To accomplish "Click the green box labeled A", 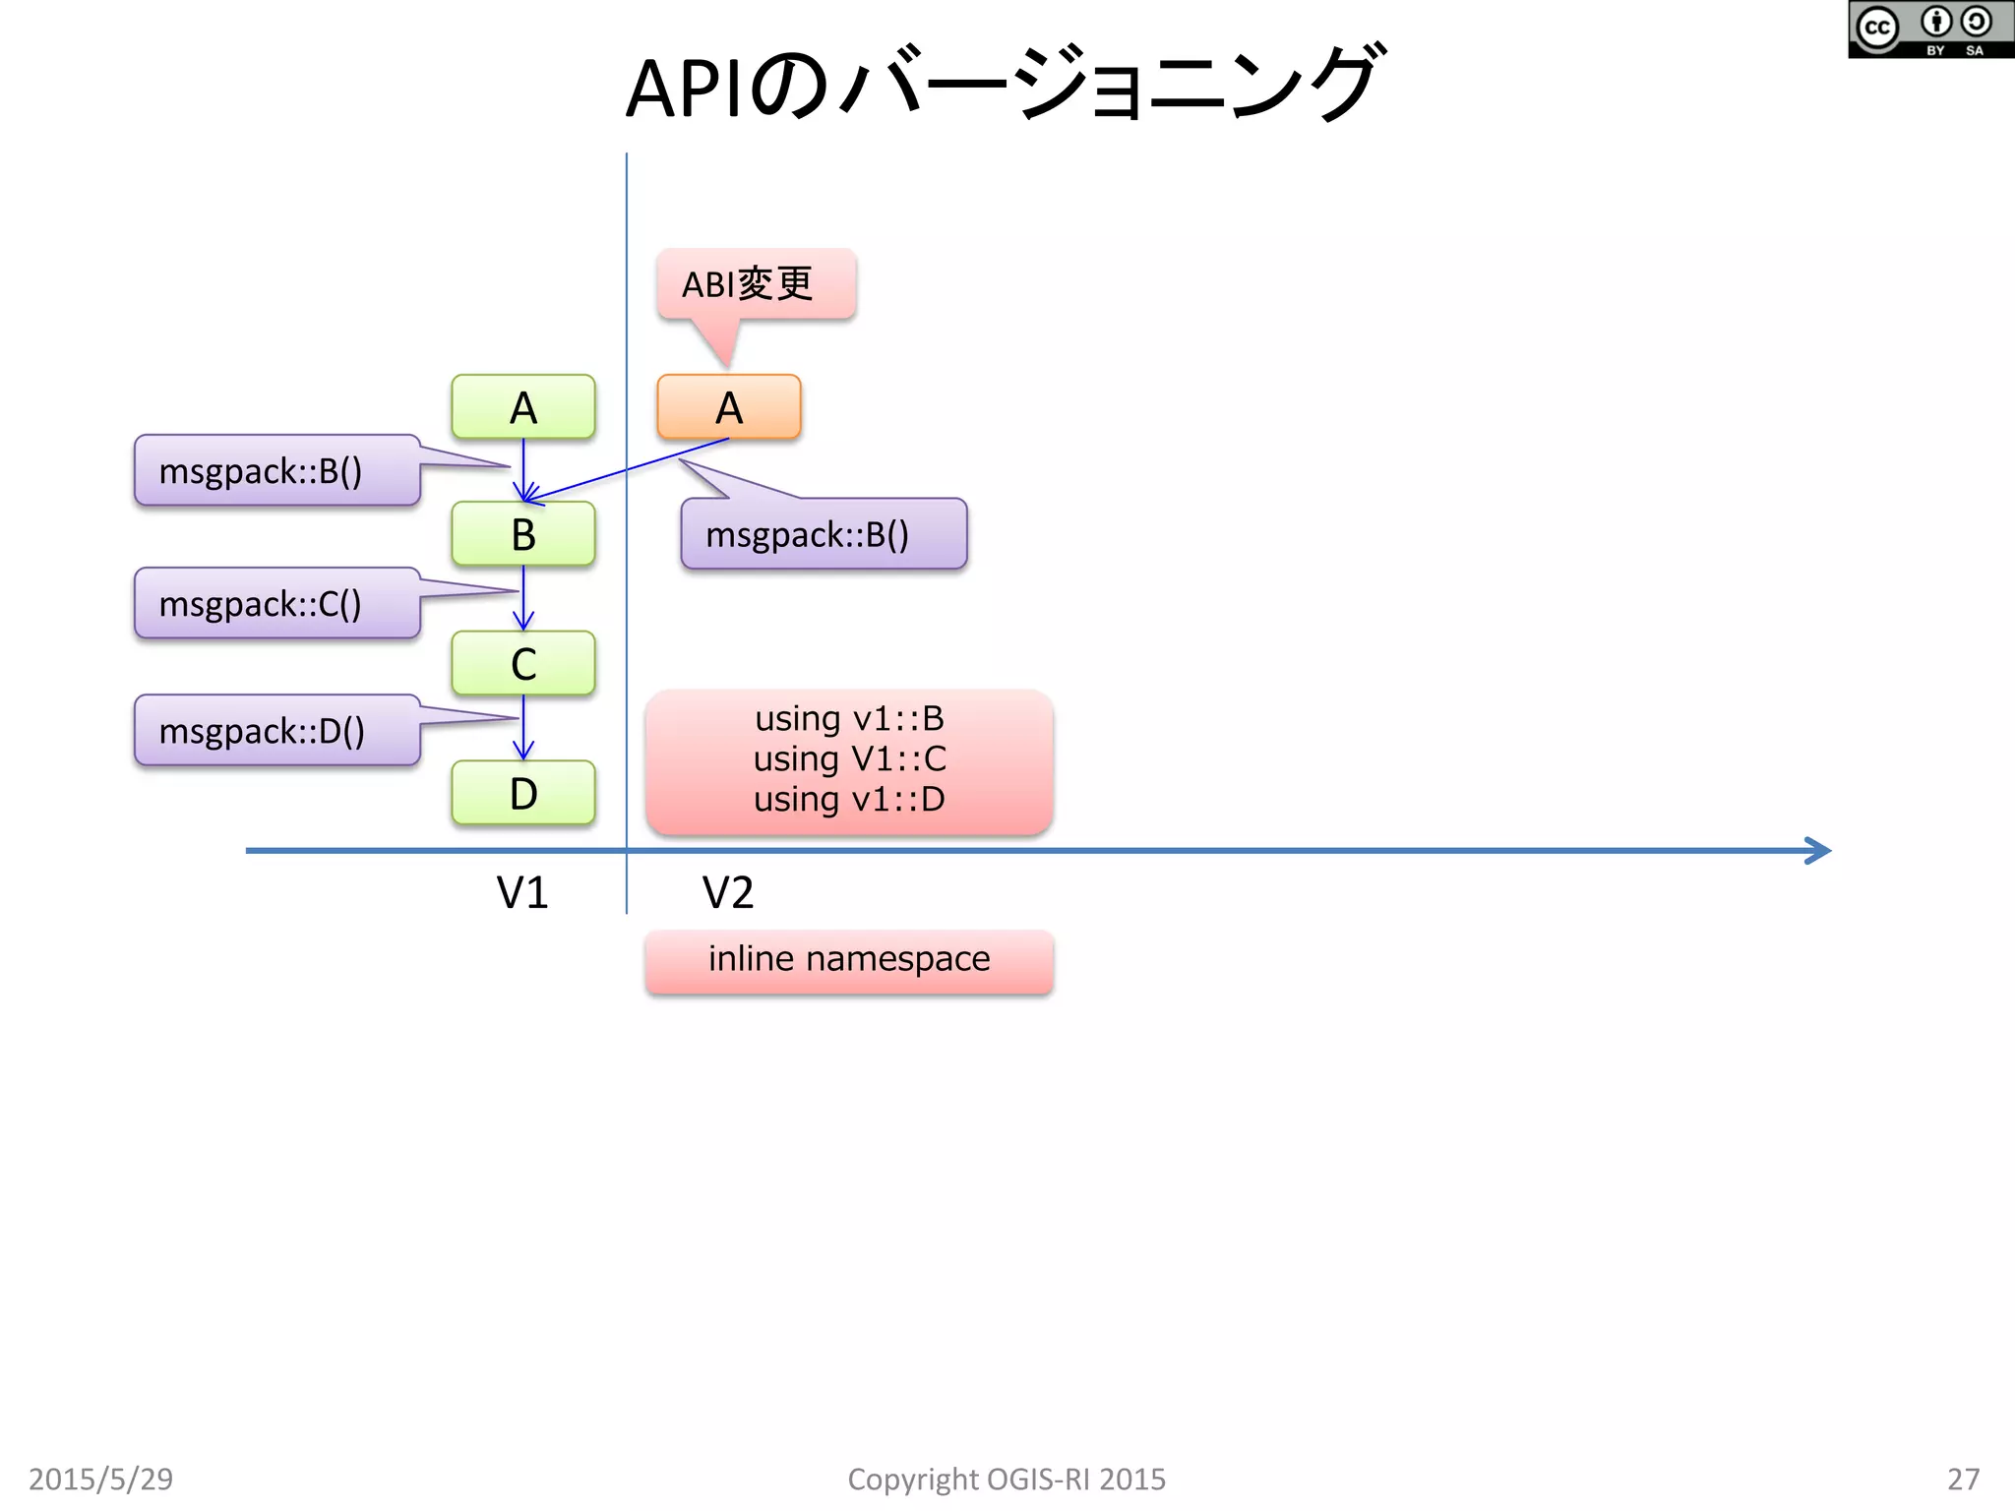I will click(x=522, y=407).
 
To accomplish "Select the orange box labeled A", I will click(x=728, y=407).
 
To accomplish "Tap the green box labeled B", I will click(x=522, y=534).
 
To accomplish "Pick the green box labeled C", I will click(x=522, y=663).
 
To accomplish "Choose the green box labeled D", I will click(x=522, y=793).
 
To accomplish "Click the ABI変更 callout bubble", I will click(x=756, y=284).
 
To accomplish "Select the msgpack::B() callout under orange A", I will click(x=824, y=534).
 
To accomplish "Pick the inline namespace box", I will click(x=849, y=960).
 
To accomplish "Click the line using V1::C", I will click(x=849, y=758).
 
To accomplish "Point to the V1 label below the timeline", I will click(x=521, y=893).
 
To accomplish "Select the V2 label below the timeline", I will click(x=727, y=893).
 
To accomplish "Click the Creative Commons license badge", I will click(x=1929, y=30).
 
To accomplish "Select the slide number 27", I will click(x=1963, y=1479).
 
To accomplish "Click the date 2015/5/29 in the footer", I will click(x=100, y=1479).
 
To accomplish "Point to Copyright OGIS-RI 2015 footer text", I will click(x=1006, y=1479).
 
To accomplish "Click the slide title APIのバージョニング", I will click(x=1004, y=87).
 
